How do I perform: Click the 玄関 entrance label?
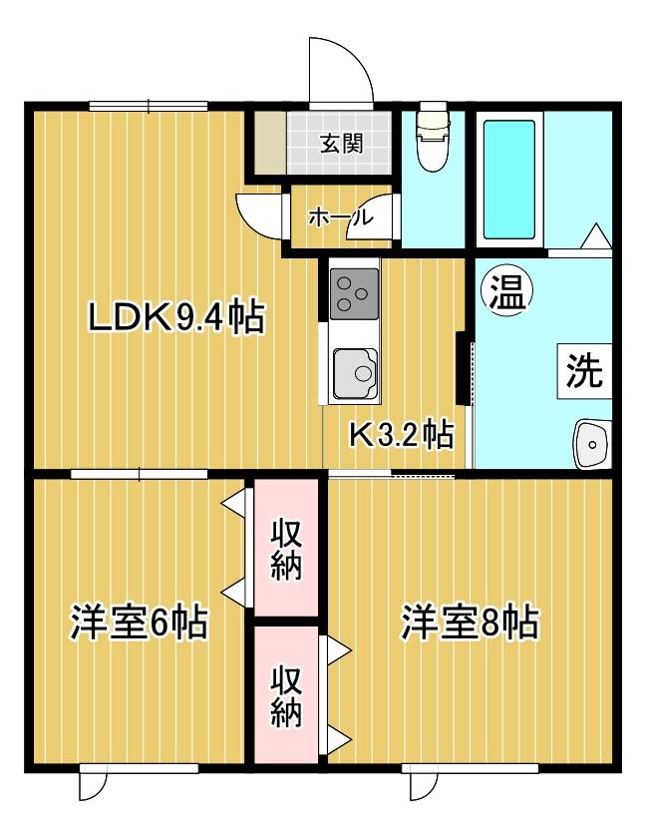click(342, 144)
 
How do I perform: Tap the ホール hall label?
click(339, 217)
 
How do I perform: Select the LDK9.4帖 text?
click(176, 317)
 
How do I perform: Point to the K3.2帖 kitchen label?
click(401, 435)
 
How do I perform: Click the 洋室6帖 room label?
click(139, 622)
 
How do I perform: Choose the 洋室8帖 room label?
click(471, 622)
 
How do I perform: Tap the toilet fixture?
click(433, 137)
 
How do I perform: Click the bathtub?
click(509, 180)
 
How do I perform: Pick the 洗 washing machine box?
click(584, 371)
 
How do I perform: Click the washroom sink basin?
click(592, 444)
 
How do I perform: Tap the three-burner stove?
click(355, 294)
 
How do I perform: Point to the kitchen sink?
click(356, 374)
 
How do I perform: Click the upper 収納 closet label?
click(286, 549)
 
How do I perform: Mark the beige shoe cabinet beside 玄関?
click(270, 143)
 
